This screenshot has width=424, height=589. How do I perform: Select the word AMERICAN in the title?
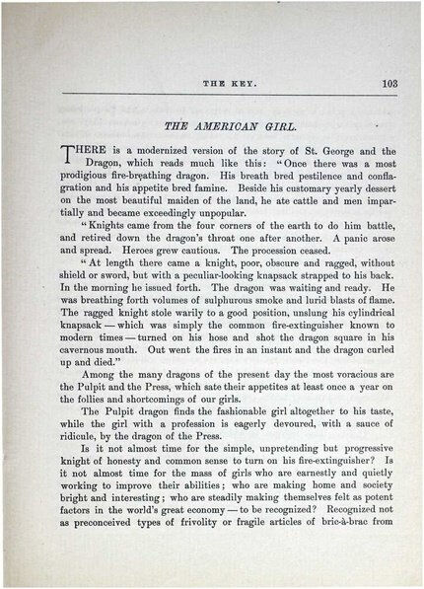pos(211,126)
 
